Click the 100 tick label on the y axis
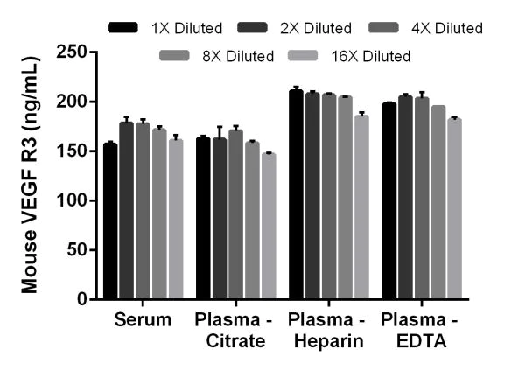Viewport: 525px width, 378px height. [75, 200]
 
